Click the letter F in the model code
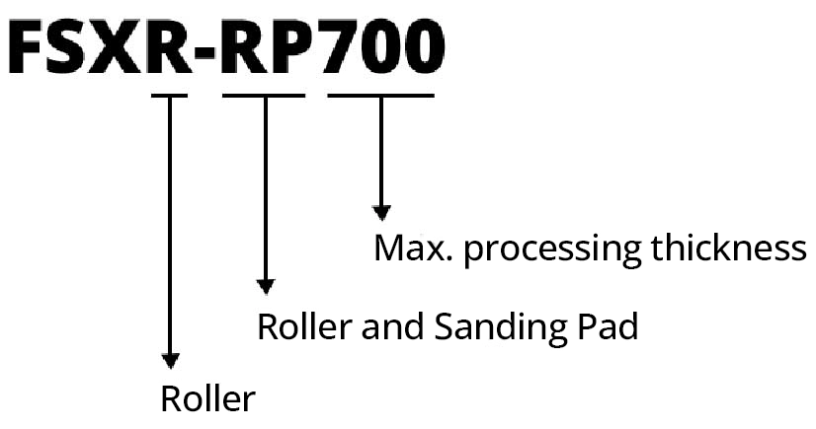[31, 46]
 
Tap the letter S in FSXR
[78, 46]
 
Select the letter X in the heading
[128, 46]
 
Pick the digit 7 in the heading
[342, 46]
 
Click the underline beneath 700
[380, 95]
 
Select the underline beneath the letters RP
[264, 95]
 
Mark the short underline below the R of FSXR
[169, 95]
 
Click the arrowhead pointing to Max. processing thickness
[381, 212]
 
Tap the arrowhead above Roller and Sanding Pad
[264, 286]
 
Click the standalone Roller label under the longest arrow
[207, 399]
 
